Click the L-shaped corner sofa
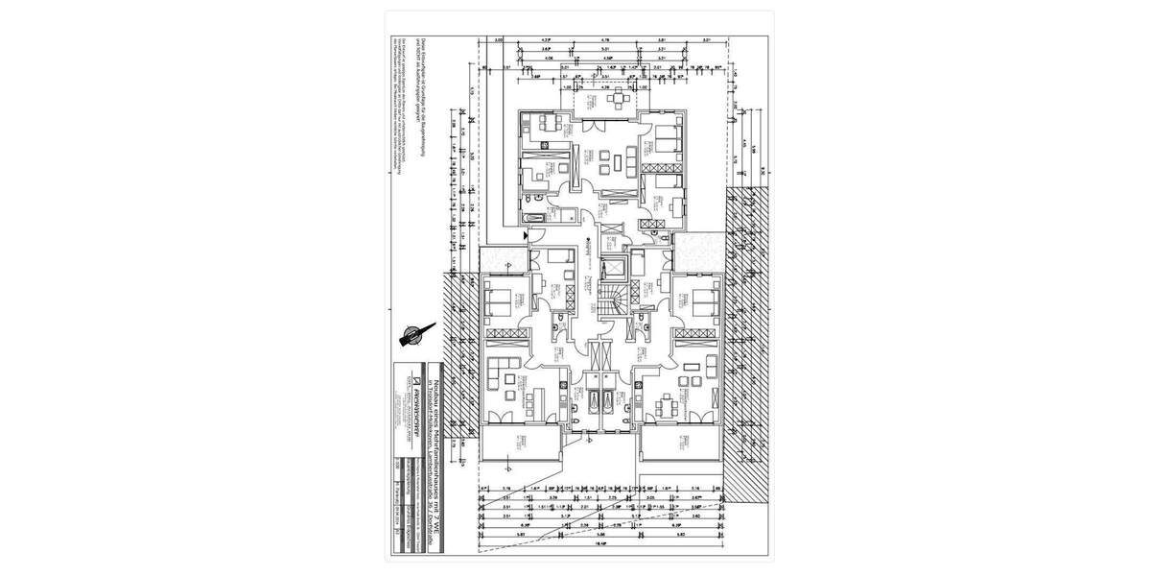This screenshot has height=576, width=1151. click(x=504, y=369)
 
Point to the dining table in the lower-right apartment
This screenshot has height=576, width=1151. click(x=664, y=403)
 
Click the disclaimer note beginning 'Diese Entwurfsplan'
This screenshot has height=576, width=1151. click(x=396, y=96)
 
